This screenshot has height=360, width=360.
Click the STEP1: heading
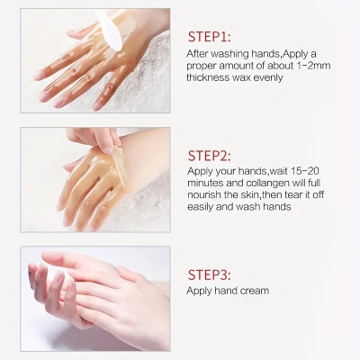tap(209, 38)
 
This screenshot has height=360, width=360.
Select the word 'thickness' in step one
tap(211, 77)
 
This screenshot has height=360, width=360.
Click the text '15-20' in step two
tap(298, 169)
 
